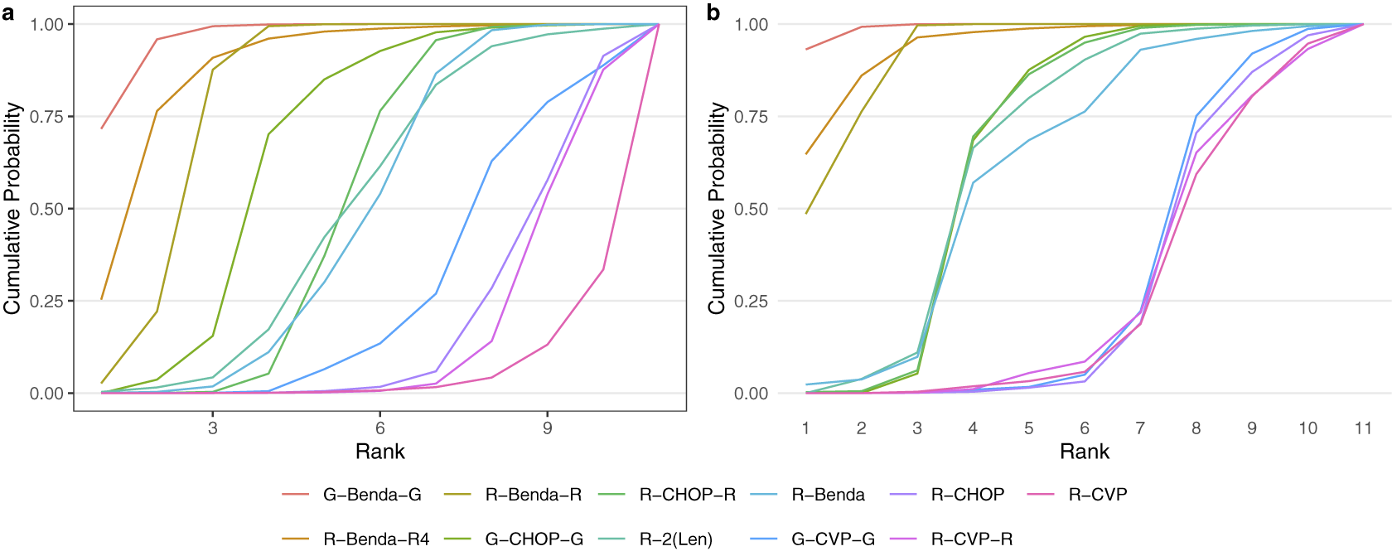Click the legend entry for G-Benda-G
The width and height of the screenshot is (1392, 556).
click(x=372, y=495)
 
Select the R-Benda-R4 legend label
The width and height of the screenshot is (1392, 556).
click(x=376, y=539)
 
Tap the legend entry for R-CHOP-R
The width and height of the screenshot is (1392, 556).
click(x=687, y=495)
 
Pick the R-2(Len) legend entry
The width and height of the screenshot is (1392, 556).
click(x=675, y=539)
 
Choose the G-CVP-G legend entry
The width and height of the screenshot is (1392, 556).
click(x=833, y=539)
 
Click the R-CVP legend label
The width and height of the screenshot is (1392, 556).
click(x=1097, y=495)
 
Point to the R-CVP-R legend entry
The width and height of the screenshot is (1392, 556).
click(x=971, y=539)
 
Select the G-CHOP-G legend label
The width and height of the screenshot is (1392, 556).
click(x=534, y=539)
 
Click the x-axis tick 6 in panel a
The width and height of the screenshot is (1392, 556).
click(x=380, y=428)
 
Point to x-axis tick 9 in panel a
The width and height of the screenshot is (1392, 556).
click(x=548, y=428)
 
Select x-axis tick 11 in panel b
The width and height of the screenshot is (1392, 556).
click(x=1363, y=428)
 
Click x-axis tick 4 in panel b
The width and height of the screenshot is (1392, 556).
click(x=973, y=428)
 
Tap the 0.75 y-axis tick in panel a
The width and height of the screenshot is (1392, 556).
click(x=46, y=117)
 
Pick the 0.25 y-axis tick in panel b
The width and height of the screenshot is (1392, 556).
click(x=751, y=302)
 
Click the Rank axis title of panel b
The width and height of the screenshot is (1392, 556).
click(x=1084, y=452)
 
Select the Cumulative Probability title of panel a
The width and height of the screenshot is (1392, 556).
click(x=12, y=209)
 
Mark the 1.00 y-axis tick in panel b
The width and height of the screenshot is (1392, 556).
click(x=751, y=25)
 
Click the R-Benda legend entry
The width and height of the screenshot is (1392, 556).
click(x=828, y=495)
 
